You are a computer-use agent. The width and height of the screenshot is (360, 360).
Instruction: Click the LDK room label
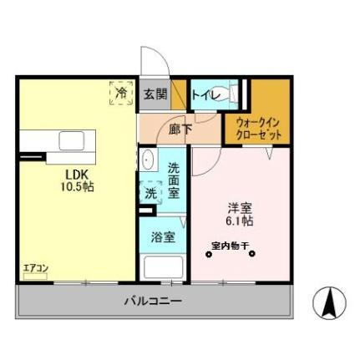coord(76,174)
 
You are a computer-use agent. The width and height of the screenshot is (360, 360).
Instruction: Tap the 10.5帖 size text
coord(76,186)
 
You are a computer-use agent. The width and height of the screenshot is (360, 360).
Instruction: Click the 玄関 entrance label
coord(154,94)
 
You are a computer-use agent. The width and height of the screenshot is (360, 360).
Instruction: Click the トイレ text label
coord(206,95)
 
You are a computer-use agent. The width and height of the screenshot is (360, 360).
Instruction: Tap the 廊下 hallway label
coord(179,129)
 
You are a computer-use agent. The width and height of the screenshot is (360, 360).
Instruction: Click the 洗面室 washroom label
coord(174,179)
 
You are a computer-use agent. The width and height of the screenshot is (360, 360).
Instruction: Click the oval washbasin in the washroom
coord(147,160)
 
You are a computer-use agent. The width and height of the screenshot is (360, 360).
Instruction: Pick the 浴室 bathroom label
coord(163,236)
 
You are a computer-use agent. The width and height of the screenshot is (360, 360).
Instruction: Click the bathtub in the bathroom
coord(163,266)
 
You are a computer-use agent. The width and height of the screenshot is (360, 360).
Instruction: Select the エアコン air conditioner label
coord(35,268)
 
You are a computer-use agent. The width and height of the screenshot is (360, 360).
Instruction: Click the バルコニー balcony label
coord(153,300)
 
